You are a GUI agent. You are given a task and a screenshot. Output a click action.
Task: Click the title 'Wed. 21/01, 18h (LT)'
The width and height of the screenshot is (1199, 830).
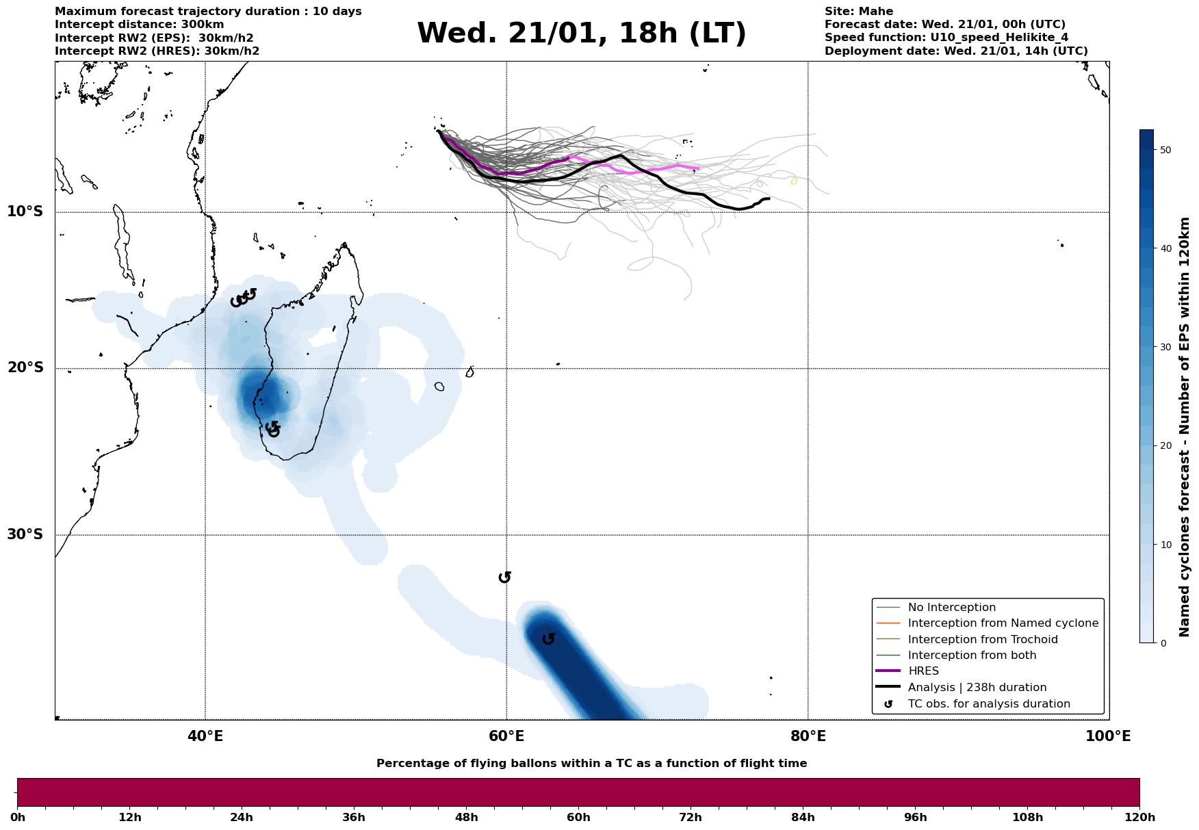[x=581, y=34]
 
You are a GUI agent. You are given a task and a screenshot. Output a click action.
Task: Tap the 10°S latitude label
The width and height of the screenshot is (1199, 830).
[x=25, y=211]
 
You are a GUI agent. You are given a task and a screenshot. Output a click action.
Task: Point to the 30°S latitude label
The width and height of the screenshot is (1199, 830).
[x=25, y=534]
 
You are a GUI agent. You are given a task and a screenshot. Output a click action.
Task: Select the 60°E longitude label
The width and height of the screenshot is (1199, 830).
[x=506, y=736]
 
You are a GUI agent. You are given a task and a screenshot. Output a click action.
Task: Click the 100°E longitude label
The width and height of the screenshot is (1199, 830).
[x=1108, y=736]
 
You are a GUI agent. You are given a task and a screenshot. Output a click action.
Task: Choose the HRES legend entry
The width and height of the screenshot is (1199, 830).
[x=923, y=671]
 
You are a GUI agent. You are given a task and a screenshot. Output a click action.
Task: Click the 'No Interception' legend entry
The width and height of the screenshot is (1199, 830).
[x=951, y=608]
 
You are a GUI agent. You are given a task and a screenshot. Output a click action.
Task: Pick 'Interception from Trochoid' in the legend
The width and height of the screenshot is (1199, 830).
[x=982, y=640]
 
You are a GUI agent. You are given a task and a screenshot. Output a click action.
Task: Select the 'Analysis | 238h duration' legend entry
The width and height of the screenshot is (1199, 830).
[x=977, y=688]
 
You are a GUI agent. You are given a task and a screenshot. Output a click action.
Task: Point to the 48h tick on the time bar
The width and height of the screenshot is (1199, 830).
[x=467, y=817]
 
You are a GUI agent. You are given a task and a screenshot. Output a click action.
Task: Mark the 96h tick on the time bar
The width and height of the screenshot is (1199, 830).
[x=916, y=817]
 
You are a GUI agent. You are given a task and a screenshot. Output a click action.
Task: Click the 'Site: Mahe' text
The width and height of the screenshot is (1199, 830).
[x=858, y=12]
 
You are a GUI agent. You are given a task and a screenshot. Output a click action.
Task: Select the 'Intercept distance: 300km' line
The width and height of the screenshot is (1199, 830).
[x=139, y=25]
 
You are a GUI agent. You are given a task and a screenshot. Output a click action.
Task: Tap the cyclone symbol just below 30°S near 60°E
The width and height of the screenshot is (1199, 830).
[x=505, y=578]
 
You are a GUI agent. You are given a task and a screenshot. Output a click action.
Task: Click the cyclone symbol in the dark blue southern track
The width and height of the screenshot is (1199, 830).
[x=548, y=639]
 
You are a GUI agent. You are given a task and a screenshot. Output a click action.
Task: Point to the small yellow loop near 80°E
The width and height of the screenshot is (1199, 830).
[x=793, y=181]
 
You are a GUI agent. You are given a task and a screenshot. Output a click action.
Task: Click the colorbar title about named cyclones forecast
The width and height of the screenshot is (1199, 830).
[x=1185, y=427]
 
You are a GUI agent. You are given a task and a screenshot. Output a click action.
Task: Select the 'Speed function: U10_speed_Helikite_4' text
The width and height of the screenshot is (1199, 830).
[x=946, y=38]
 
